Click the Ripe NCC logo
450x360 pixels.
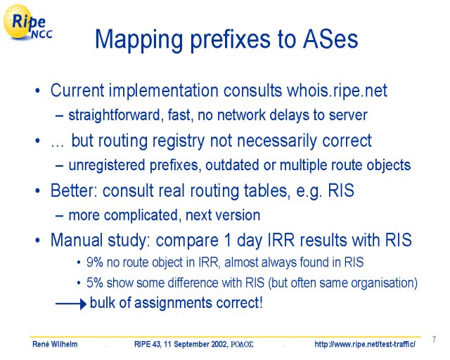27,22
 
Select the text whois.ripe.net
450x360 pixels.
337,91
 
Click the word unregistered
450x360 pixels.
106,165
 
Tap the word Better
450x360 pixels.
75,191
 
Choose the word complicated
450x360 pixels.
142,216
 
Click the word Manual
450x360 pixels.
77,240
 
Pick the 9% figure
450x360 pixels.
95,262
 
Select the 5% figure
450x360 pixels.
95,283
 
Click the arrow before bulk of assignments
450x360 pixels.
71,304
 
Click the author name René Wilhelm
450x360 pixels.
55,344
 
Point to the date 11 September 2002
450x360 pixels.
194,344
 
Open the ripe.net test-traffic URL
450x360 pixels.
365,344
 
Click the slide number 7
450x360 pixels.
434,340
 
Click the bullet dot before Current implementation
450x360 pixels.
37,91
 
